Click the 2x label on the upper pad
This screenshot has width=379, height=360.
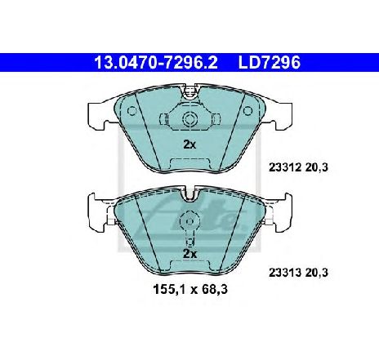pos(189,144)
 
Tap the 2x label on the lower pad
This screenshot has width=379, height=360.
pos(189,253)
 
